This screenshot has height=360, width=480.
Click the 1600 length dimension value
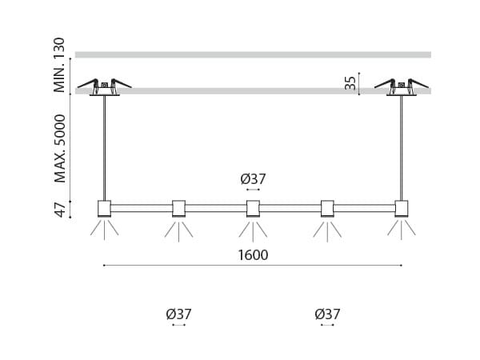click(253, 255)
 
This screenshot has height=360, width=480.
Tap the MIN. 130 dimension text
click(59, 65)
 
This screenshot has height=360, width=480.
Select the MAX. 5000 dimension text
click(60, 149)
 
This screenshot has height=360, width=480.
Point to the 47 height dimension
click(60, 210)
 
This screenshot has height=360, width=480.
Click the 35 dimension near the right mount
click(350, 83)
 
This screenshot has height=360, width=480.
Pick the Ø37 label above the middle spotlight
click(253, 179)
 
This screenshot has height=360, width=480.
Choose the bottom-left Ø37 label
click(178, 314)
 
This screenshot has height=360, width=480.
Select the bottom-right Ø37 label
click(327, 314)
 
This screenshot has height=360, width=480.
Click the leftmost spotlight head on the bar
click(104, 209)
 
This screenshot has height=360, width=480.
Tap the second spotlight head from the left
click(178, 209)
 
